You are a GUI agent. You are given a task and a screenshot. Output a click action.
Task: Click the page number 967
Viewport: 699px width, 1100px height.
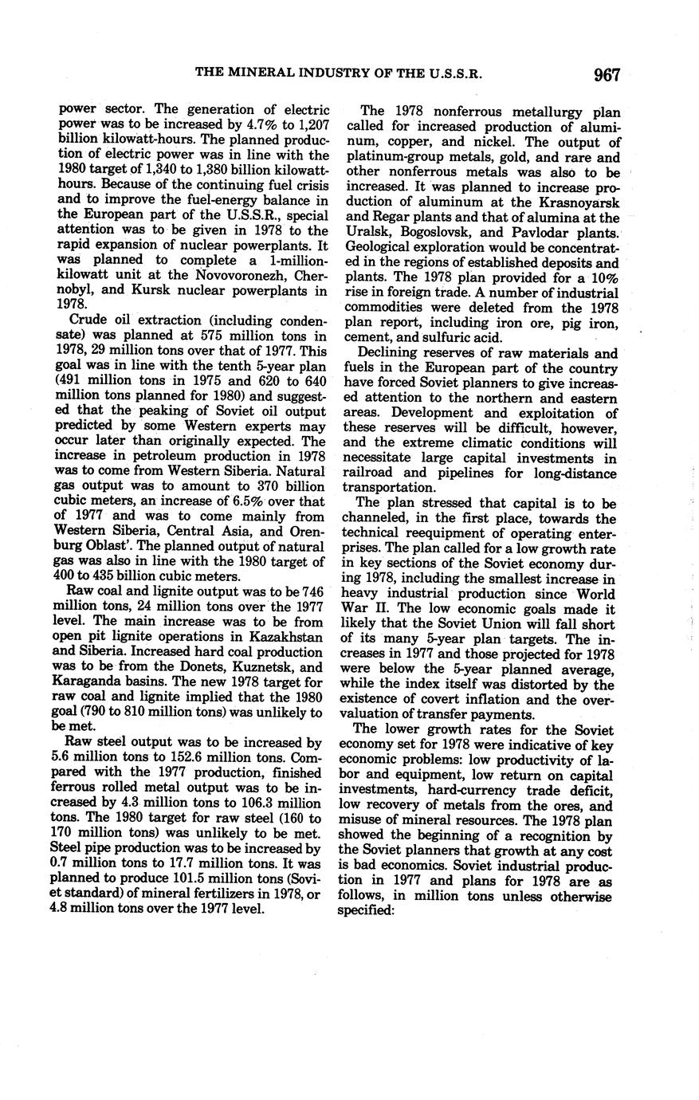[606, 75]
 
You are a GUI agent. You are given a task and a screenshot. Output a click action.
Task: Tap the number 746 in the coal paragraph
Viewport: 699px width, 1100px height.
[312, 591]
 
